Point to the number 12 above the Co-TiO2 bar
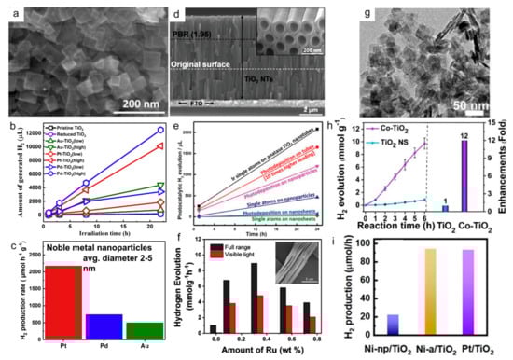[488, 137]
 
